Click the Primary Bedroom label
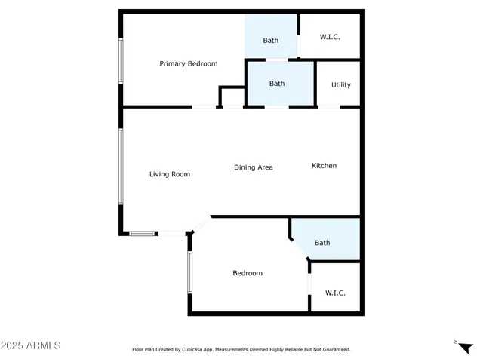point(188,64)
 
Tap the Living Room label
point(169,174)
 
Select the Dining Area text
point(253,167)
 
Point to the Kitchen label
point(325,166)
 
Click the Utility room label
point(341,85)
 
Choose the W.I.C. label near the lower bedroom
point(335,293)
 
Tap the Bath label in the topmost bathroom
point(271,41)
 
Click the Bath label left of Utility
point(277,84)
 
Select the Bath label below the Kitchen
point(322,243)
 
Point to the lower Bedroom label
point(248,273)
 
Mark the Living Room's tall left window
point(119,167)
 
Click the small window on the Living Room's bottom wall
point(142,233)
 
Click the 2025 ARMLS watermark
point(31,345)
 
